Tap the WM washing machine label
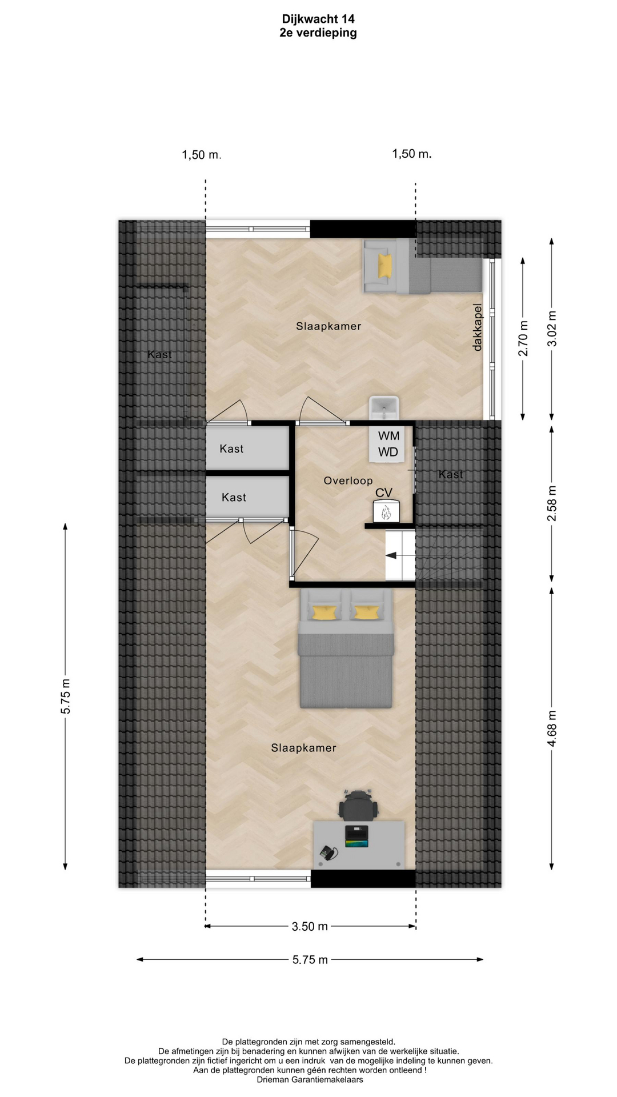(388, 436)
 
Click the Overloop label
(348, 481)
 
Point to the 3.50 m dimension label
(310, 926)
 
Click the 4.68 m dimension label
(552, 728)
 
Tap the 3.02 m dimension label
(552, 329)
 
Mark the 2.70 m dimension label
(523, 338)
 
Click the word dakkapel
(478, 327)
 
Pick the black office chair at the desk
(358, 805)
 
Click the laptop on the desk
(356, 836)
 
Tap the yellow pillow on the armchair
(385, 265)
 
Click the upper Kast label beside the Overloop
(231, 449)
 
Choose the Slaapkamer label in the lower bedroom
(303, 748)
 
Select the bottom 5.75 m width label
(310, 960)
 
